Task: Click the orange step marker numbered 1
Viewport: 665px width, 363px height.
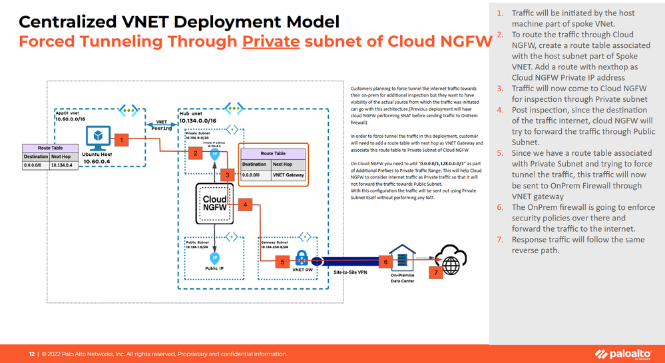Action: click(x=121, y=140)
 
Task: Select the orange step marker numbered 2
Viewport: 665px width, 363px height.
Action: click(x=195, y=153)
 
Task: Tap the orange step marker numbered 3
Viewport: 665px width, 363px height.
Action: click(x=228, y=175)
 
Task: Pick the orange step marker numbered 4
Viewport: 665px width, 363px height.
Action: click(x=246, y=204)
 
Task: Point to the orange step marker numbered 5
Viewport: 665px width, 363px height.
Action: click(x=283, y=262)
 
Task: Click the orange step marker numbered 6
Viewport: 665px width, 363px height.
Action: click(x=385, y=262)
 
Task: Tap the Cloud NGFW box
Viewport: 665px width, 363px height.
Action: click(x=214, y=204)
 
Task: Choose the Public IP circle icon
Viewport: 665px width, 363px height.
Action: click(x=214, y=257)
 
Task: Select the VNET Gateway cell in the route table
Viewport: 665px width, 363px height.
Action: click(x=287, y=175)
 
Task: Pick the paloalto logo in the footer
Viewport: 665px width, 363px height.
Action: click(x=624, y=353)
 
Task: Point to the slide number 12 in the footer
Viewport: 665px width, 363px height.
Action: click(x=31, y=354)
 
